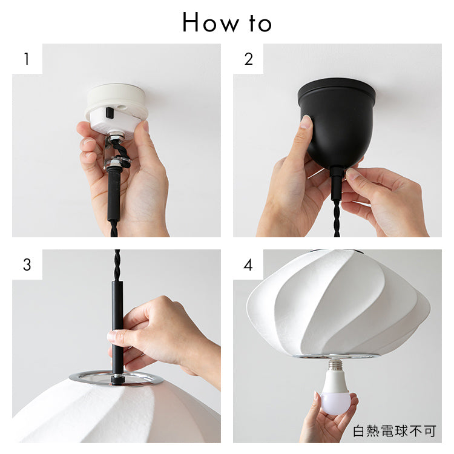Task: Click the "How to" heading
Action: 227,22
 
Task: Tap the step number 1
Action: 27,59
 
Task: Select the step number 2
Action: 248,59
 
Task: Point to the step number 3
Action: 27,265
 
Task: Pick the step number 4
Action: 248,265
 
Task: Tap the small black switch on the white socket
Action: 110,113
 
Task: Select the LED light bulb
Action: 336,387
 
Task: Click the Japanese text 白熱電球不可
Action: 395,431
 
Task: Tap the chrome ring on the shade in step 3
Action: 116,378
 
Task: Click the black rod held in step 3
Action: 117,330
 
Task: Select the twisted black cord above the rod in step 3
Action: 117,265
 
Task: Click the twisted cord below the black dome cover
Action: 337,219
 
